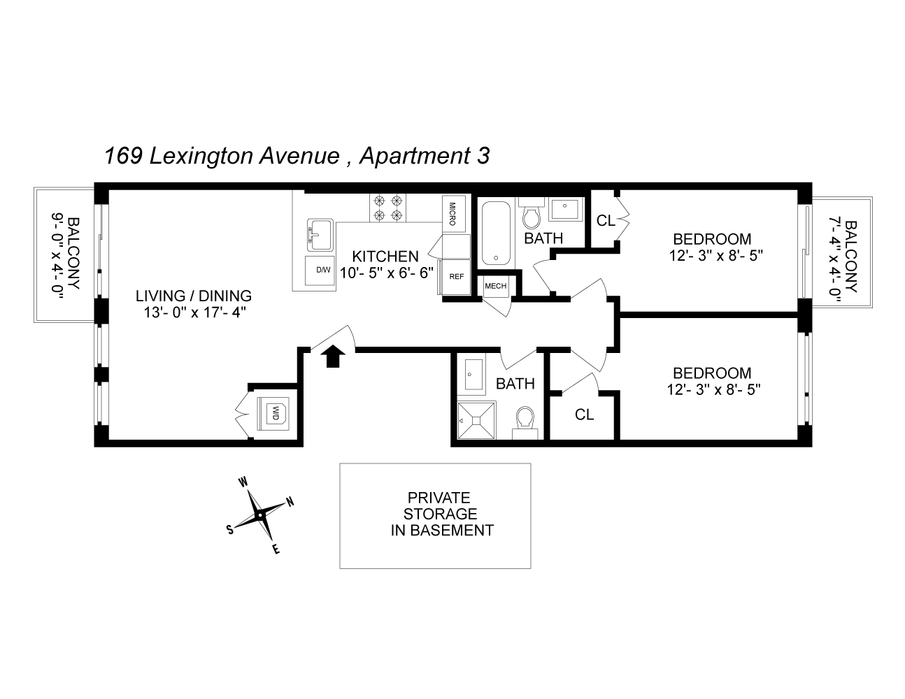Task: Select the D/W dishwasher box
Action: [x=322, y=270]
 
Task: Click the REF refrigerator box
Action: [x=456, y=277]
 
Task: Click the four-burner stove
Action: [x=389, y=207]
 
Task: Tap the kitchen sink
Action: [x=320, y=234]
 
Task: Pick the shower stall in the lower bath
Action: [x=476, y=420]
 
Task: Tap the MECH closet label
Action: [x=495, y=286]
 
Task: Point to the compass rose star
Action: [x=259, y=515]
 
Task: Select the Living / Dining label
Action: [x=194, y=296]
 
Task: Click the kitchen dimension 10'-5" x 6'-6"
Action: [x=386, y=273]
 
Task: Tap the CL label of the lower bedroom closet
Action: [x=584, y=415]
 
